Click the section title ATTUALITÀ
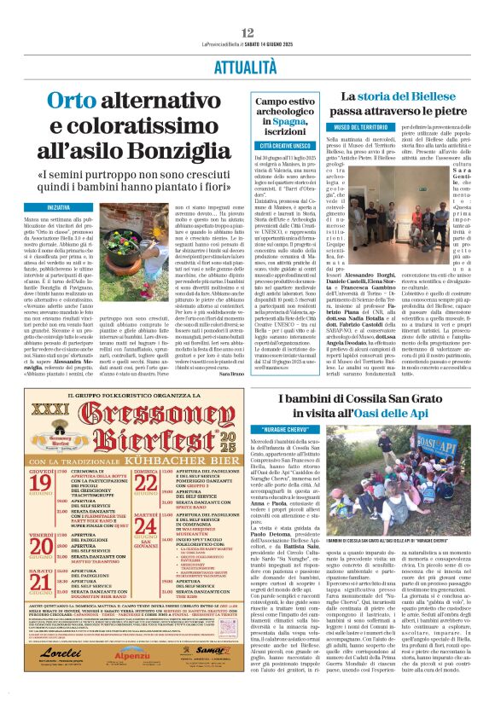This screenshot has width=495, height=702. tap(247, 66)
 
